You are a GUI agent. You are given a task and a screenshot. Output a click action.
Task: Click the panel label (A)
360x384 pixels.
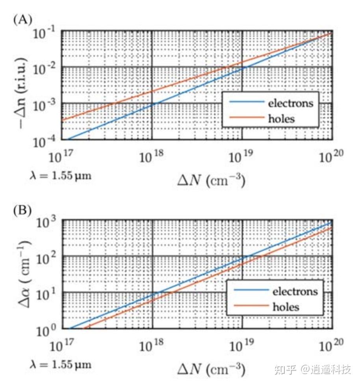pyautogui.click(x=22, y=20)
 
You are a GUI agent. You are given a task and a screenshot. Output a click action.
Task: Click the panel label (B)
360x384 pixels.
pyautogui.click(x=22, y=210)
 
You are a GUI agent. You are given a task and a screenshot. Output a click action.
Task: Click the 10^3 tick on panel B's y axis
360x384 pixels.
pyautogui.click(x=49, y=223)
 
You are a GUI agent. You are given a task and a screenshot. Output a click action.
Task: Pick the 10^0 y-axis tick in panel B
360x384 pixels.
pyautogui.click(x=49, y=330)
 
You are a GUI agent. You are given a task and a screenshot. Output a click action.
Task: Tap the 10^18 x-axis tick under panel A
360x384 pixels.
pyautogui.click(x=152, y=158)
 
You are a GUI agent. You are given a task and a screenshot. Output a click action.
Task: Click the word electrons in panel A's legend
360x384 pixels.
pyautogui.click(x=290, y=103)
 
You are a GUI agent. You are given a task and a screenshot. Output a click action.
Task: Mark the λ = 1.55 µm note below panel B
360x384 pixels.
pyautogui.click(x=60, y=364)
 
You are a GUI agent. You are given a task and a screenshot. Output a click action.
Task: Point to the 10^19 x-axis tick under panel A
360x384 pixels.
pyautogui.click(x=241, y=158)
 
